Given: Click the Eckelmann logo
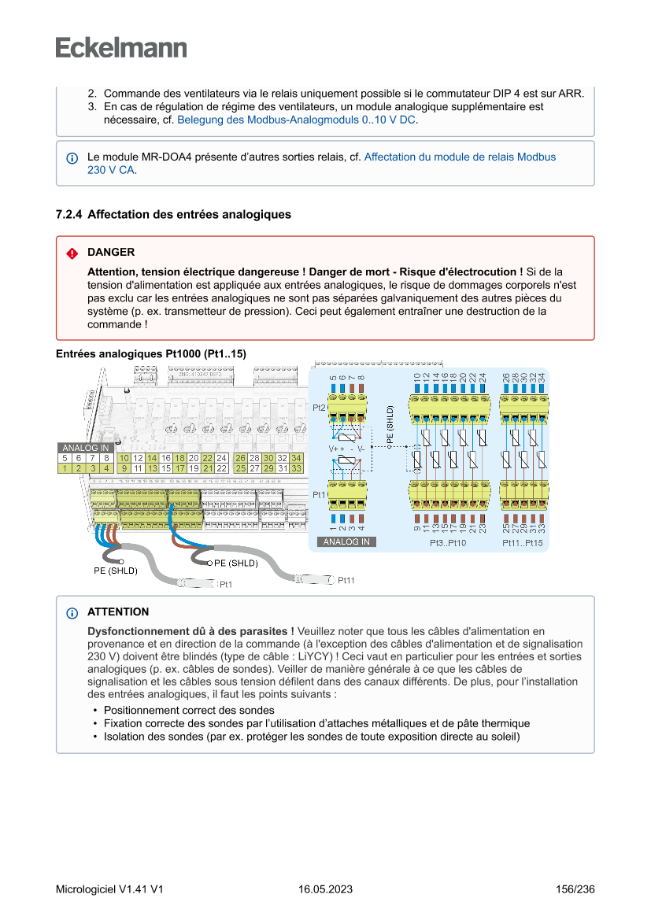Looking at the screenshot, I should tap(121, 47).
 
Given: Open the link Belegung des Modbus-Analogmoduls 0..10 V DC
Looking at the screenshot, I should tap(297, 120).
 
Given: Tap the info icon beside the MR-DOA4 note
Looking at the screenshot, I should tap(72, 157).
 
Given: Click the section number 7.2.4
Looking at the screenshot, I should tap(69, 214).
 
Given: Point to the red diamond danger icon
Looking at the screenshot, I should tap(72, 253).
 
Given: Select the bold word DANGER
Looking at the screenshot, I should tap(111, 253).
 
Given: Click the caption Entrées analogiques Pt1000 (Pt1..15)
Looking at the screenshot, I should tap(151, 355).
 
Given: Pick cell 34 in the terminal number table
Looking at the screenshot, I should tap(296, 458).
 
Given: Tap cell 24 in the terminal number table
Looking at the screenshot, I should tap(221, 458).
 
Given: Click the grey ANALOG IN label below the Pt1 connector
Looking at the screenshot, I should tap(346, 542).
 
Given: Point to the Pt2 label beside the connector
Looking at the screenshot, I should tap(319, 408).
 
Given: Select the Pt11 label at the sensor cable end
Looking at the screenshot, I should tap(346, 581).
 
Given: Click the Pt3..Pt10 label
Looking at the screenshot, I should tap(448, 544).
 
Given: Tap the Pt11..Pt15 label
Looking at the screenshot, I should tap(523, 544).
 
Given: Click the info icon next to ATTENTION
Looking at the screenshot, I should tap(72, 613).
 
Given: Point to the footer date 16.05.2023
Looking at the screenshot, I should tap(325, 890).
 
